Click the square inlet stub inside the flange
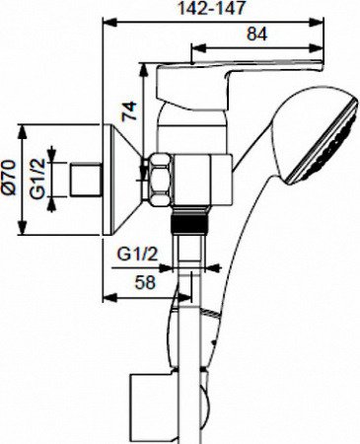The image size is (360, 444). point(90,181)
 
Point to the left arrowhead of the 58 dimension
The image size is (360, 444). point(106,293)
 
